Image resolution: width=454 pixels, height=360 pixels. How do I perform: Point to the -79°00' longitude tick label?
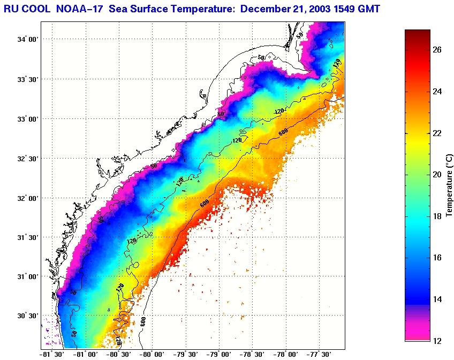[x=219, y=354]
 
